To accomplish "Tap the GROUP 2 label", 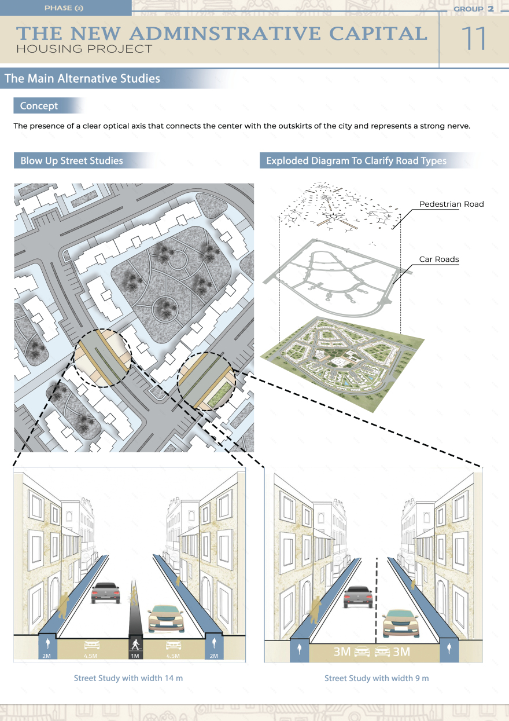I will [x=473, y=9].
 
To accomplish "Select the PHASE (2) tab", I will [x=64, y=8].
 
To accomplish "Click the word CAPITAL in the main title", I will [x=378, y=34].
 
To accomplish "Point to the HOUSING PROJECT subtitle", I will [x=84, y=49].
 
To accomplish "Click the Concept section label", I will [x=39, y=106].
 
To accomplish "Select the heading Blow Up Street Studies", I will [x=72, y=161].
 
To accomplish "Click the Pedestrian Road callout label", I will [x=451, y=204].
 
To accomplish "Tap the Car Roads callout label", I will [x=439, y=259].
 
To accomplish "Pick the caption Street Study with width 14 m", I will [x=128, y=678].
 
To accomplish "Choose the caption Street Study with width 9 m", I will [x=377, y=678].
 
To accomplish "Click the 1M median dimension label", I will [x=135, y=656].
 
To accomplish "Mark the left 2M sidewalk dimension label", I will [x=47, y=656].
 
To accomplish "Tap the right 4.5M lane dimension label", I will [x=172, y=656].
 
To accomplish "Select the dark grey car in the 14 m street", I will [x=105, y=592].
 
